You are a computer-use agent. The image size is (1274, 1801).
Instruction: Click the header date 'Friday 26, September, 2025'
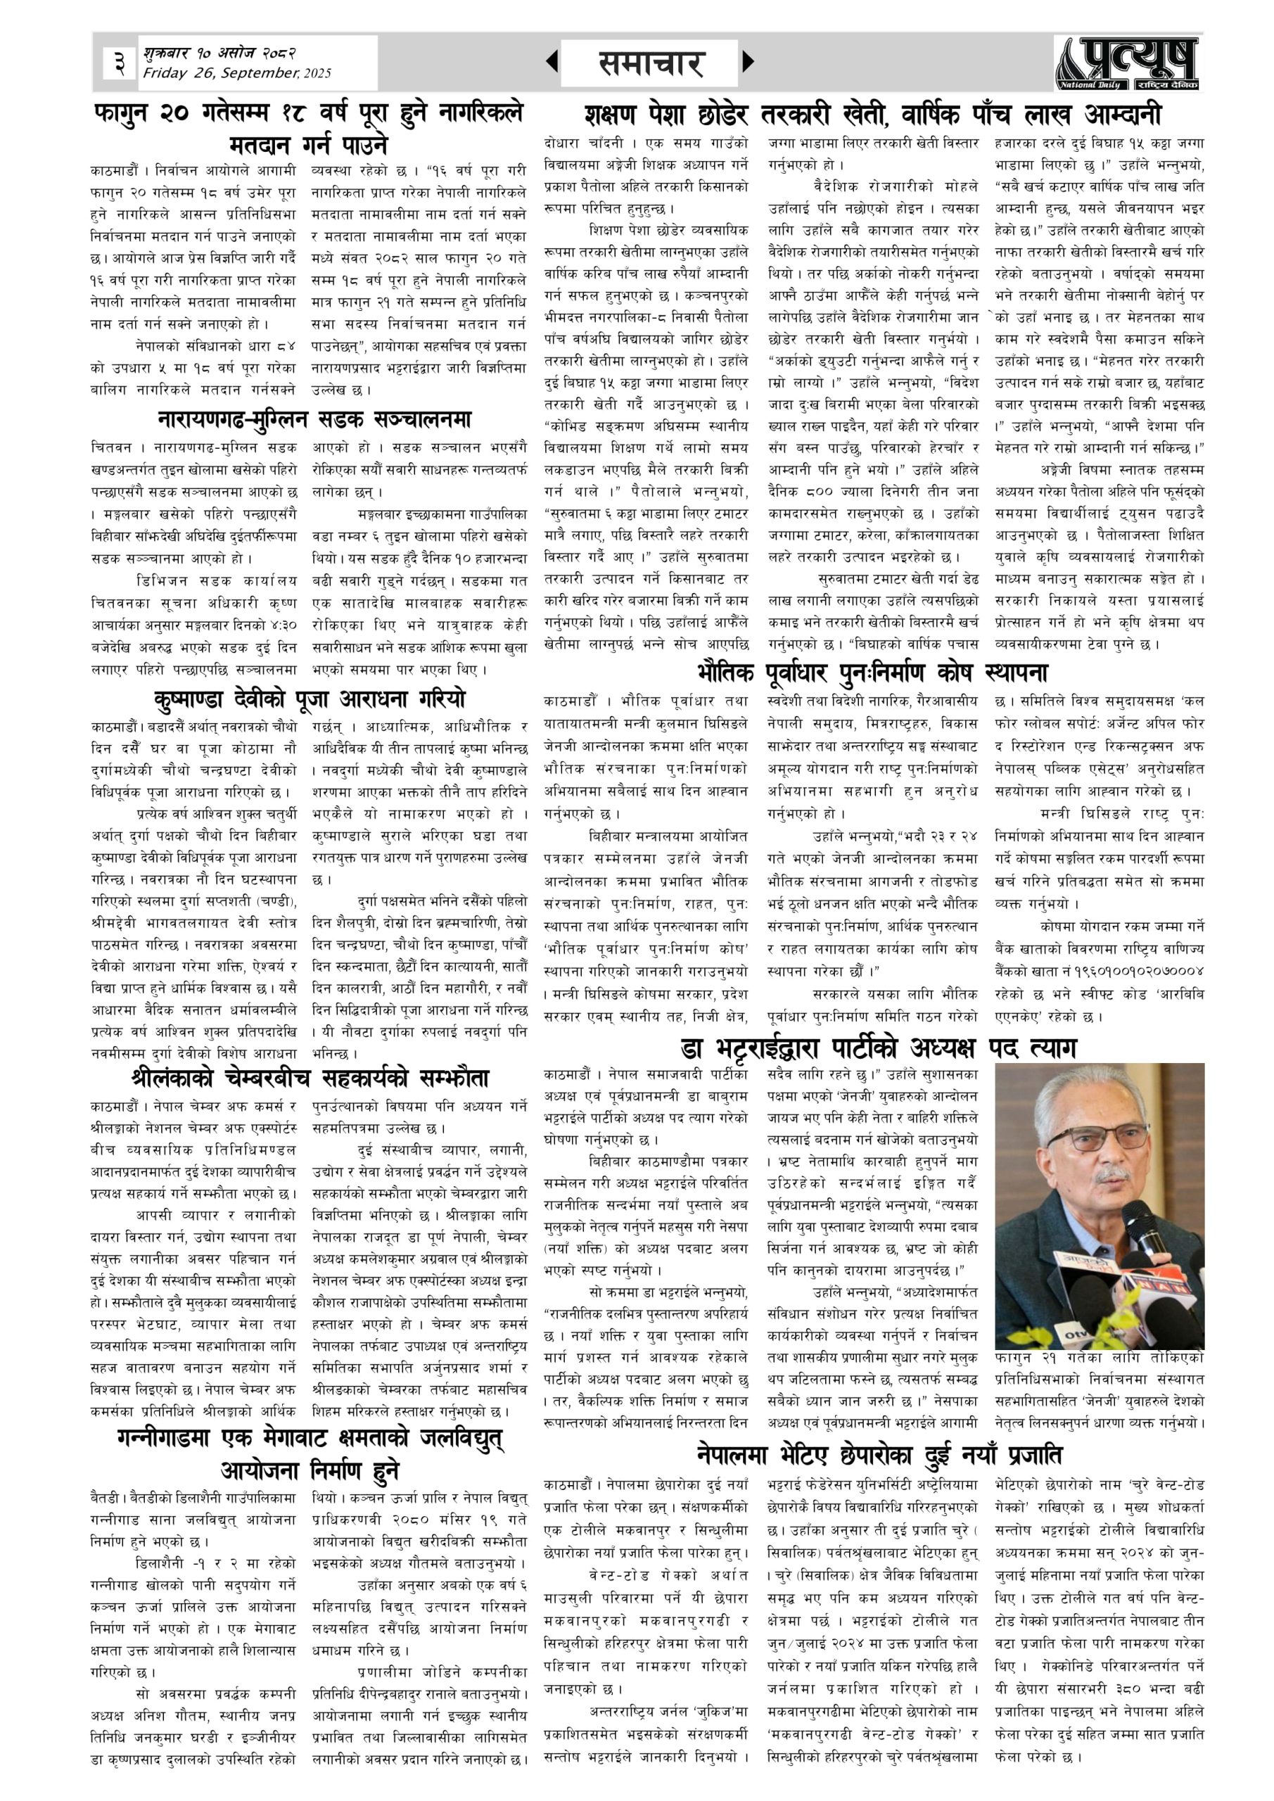[237, 74]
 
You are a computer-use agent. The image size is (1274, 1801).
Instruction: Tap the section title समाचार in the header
[650, 63]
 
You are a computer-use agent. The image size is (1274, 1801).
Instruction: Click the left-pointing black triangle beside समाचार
[552, 61]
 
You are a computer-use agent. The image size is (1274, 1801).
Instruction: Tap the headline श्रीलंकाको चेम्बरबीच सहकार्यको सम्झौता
[309, 1078]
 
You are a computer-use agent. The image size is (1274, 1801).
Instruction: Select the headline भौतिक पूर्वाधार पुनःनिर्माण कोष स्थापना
[872, 673]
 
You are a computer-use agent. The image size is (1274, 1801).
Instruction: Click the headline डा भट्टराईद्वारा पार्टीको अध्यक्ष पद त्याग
[879, 1048]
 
